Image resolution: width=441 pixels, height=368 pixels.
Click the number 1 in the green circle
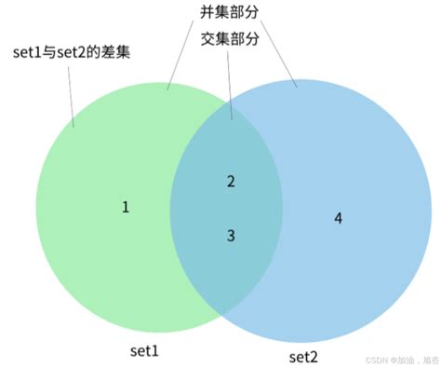[126, 207]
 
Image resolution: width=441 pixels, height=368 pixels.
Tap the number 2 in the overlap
[231, 181]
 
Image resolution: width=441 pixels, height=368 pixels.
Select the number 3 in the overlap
[231, 236]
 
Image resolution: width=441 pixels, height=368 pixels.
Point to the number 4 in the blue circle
[338, 218]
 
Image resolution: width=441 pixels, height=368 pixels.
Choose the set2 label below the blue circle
[303, 357]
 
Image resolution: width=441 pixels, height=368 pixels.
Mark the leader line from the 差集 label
[69, 93]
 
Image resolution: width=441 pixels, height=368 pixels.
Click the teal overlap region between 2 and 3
[231, 209]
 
